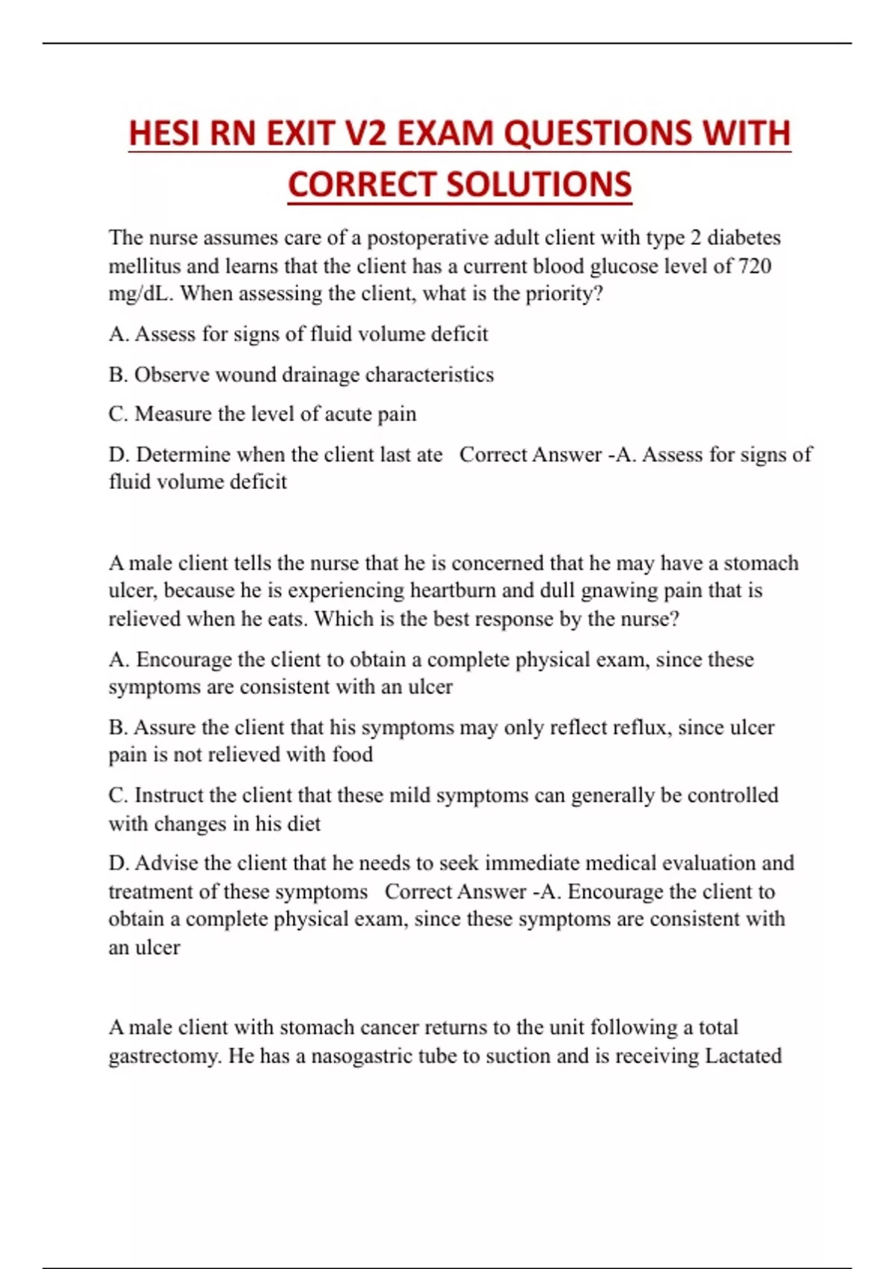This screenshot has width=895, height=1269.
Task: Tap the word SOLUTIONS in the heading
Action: (534, 184)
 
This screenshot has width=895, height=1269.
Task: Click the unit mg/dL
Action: (141, 293)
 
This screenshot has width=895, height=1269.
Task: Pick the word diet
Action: (304, 823)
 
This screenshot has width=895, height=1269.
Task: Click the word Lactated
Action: (743, 1056)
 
